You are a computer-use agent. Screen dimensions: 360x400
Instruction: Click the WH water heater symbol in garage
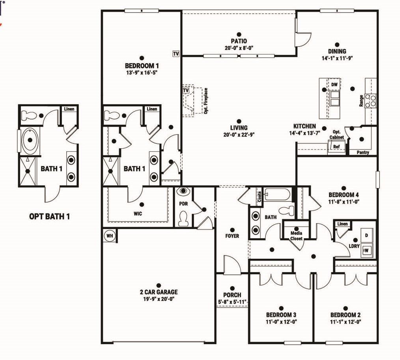point(109,236)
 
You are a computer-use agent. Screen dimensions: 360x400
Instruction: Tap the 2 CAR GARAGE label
point(159,292)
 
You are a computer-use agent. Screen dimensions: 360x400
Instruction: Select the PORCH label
point(232,295)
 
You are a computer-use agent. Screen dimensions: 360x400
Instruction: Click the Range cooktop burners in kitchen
point(371,101)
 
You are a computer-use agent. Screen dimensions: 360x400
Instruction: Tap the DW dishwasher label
point(335,85)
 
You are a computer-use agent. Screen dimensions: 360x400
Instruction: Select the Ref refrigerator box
point(336,147)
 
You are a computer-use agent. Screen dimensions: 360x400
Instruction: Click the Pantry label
point(363,152)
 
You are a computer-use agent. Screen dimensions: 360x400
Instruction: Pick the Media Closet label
point(296,235)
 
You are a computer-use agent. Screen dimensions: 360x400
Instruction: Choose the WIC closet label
point(137,213)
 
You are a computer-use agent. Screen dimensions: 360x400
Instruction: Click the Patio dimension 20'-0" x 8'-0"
point(237,47)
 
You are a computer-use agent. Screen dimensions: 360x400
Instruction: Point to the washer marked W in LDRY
point(366,250)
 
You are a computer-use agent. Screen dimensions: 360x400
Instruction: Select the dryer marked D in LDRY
point(366,235)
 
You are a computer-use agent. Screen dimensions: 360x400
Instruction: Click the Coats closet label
point(259,197)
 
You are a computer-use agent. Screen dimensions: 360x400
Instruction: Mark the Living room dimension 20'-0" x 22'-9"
point(239,134)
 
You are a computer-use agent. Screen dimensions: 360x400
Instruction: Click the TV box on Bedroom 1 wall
point(176,53)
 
